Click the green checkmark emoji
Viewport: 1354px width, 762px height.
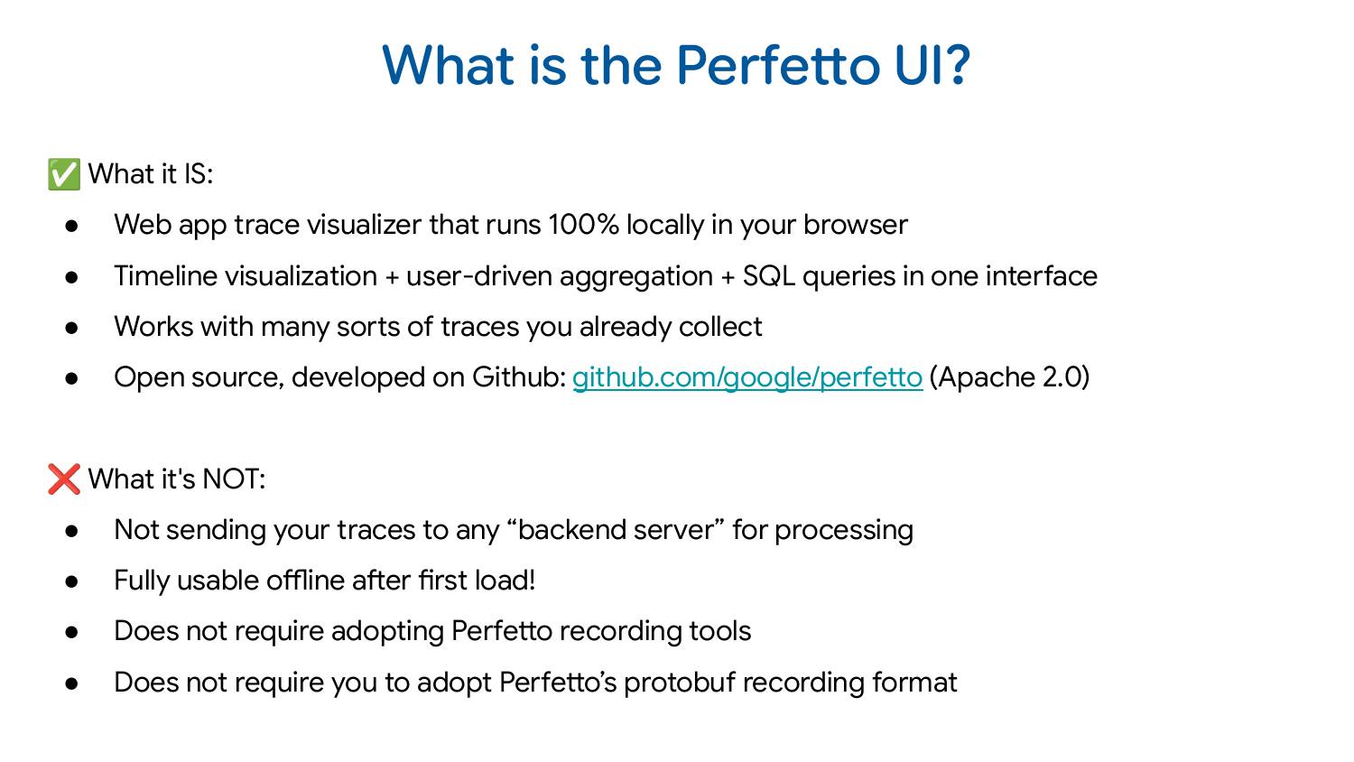(64, 174)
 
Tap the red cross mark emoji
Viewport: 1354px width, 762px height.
(64, 479)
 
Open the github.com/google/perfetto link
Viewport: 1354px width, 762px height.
(747, 377)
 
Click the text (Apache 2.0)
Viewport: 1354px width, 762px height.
(1009, 377)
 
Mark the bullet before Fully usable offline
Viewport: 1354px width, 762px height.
(72, 581)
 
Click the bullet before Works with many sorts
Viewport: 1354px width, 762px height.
(72, 328)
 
